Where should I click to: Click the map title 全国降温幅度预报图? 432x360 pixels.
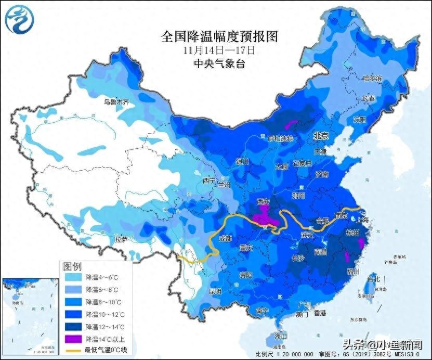point(219,36)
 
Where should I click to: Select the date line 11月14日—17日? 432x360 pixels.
point(219,50)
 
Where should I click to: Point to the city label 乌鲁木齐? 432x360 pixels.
point(115,102)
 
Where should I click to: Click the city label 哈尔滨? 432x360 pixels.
point(372,78)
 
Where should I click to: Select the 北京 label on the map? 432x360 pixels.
point(321,136)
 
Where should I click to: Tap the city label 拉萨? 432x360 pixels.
point(121,239)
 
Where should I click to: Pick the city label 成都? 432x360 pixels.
point(225,239)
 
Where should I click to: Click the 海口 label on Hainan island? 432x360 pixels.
point(281,336)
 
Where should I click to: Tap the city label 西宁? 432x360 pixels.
point(209,181)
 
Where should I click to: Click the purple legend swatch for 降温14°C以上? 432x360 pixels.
point(73,338)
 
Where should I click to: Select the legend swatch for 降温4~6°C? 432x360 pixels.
point(73,278)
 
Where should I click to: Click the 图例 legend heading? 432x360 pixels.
point(72,266)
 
